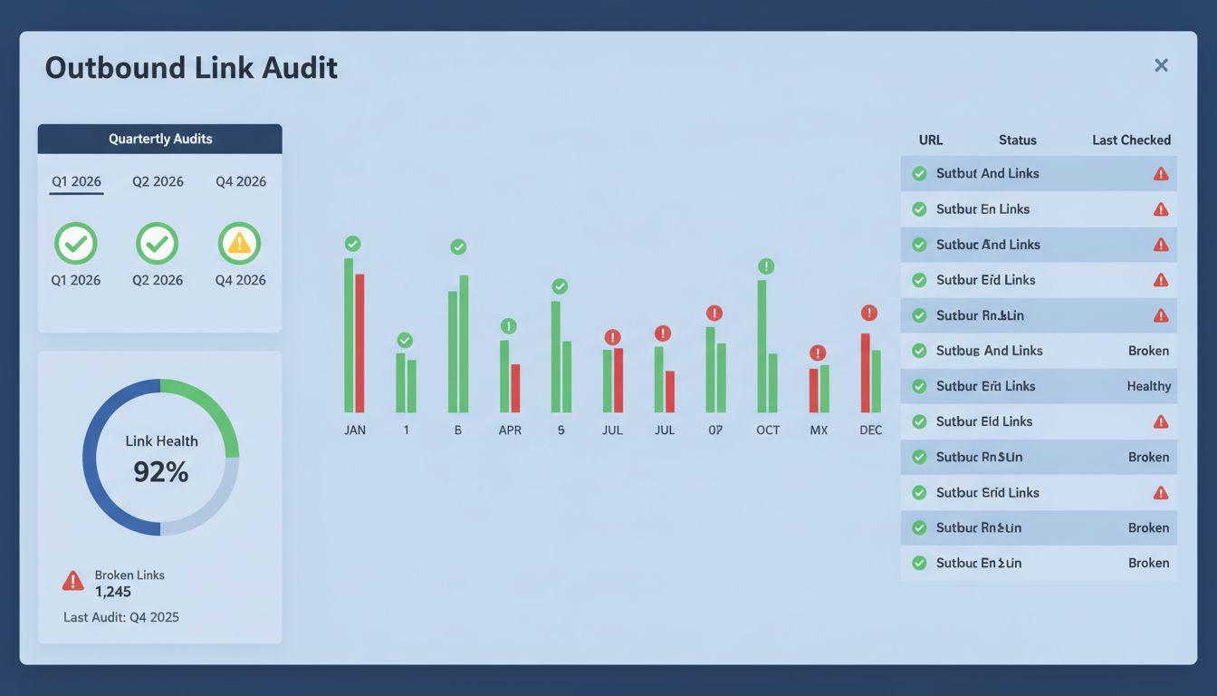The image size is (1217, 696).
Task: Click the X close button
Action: [1161, 65]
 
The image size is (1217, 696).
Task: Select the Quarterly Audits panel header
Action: [160, 139]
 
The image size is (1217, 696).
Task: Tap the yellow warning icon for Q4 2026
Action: [239, 243]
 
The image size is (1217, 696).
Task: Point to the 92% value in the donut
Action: [160, 471]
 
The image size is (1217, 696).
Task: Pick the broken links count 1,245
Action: [113, 592]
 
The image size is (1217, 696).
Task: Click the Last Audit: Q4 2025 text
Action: [121, 617]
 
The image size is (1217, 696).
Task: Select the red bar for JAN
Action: [359, 343]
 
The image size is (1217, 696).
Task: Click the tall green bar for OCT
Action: [762, 346]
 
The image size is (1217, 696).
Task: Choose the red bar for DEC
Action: [865, 372]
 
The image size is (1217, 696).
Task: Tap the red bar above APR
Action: [515, 388]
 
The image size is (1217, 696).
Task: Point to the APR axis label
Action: [510, 430]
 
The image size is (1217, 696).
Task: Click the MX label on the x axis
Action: [819, 430]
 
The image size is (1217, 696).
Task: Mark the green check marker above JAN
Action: [352, 243]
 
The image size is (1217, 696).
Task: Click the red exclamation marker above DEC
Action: [869, 313]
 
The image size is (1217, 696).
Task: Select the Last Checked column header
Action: [1131, 140]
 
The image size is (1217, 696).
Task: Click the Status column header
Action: [1017, 140]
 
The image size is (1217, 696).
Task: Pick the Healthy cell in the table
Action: [1148, 386]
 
